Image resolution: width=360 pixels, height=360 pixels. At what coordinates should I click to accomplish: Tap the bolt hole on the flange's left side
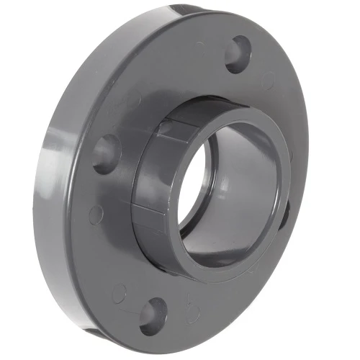pos(107,153)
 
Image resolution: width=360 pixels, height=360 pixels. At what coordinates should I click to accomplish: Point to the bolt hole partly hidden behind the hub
pos(286,209)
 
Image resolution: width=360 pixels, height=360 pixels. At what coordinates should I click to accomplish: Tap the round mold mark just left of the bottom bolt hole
pos(120,293)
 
